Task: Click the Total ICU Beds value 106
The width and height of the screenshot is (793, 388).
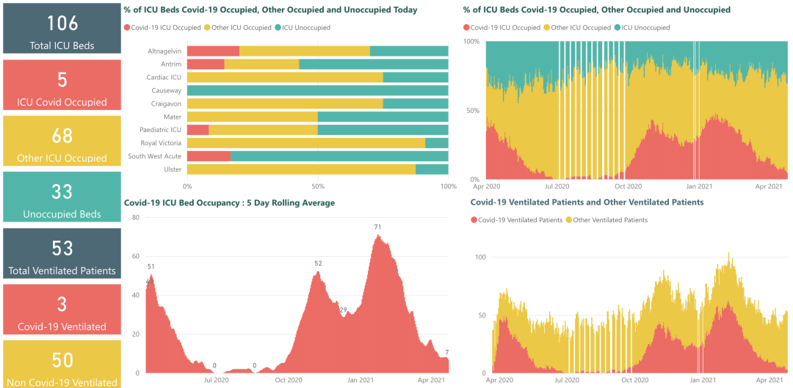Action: coord(62,23)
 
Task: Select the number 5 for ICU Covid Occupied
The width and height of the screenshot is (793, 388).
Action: coord(62,79)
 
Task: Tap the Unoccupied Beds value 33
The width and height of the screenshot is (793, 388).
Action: coord(62,191)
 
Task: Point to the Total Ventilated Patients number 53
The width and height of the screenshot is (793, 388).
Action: coord(62,248)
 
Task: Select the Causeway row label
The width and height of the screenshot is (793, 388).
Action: coord(166,90)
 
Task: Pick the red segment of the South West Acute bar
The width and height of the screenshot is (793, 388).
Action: coord(209,156)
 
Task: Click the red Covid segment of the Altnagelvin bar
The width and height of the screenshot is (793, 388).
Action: coord(213,51)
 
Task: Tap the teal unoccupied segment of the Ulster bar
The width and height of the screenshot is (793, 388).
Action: coord(432,169)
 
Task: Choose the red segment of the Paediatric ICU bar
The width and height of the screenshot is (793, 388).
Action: coord(198,130)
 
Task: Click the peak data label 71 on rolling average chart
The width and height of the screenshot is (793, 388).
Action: coord(377,227)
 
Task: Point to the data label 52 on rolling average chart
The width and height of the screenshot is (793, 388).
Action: coord(318,263)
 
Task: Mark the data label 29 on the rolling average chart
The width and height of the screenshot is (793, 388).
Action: coord(343,310)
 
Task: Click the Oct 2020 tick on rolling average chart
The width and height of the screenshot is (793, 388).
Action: coord(288,380)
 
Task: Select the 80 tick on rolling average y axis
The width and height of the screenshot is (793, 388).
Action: coord(135,217)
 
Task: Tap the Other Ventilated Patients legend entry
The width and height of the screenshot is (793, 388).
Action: coord(609,220)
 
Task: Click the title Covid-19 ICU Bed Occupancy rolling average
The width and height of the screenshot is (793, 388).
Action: coord(229,202)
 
